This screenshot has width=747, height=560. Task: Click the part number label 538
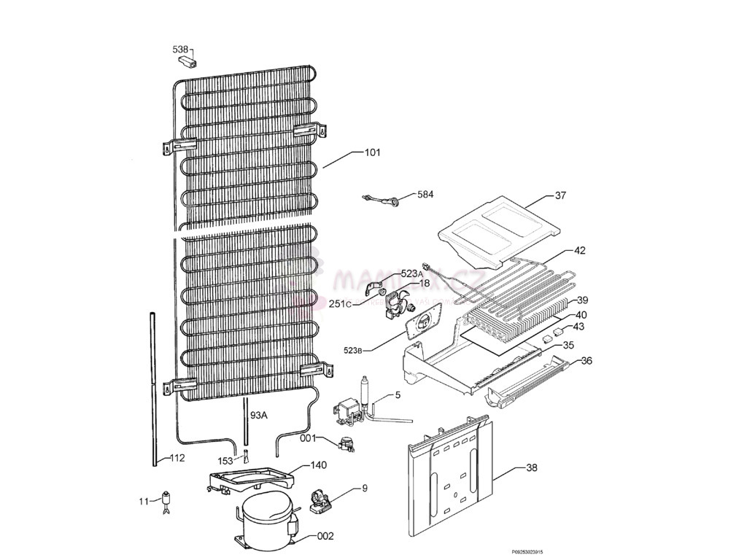181,49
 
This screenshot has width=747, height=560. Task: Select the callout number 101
373,153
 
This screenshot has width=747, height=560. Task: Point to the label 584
425,195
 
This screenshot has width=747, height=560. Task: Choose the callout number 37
560,195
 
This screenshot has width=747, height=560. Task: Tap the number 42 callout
580,250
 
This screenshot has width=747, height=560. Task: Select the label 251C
339,303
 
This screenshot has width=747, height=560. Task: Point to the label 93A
259,415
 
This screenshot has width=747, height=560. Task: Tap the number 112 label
177,458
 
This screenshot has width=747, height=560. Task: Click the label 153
226,461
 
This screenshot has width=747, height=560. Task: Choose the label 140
319,464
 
